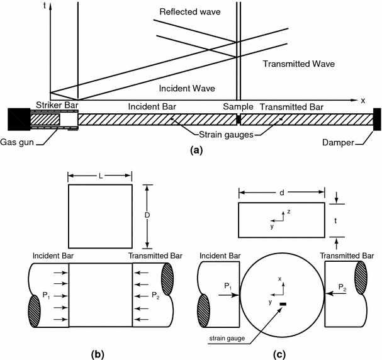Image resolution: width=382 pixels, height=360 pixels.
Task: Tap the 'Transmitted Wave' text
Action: [x=299, y=64]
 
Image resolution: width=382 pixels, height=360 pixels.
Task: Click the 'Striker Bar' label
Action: [x=55, y=106]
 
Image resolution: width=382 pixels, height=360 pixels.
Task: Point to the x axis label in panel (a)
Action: [x=362, y=100]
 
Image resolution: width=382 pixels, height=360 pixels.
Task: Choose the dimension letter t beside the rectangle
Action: [x=337, y=220]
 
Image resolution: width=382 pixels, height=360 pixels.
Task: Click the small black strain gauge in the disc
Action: [x=283, y=305]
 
